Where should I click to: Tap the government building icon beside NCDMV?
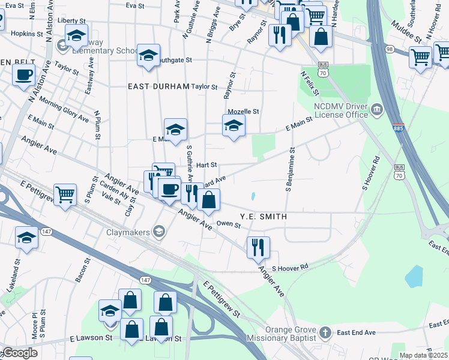[377, 109]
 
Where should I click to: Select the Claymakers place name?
[130, 232]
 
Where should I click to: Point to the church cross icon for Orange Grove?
[325, 332]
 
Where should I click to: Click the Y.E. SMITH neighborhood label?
[263, 217]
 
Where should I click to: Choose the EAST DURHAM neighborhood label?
[158, 86]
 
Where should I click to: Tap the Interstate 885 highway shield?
[399, 128]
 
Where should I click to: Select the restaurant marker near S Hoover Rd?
[258, 247]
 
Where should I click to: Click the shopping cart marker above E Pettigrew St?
[65, 194]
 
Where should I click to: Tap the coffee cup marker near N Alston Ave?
[23, 75]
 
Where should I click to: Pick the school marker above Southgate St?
[148, 55]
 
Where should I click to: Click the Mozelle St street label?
[243, 112]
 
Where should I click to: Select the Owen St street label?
[228, 225]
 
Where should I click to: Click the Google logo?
[20, 353]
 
